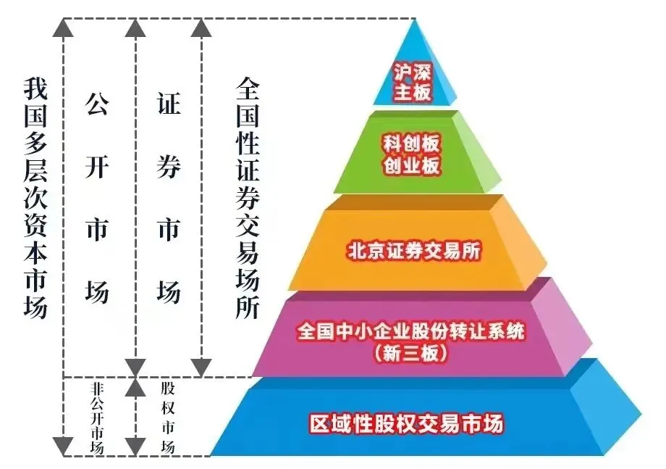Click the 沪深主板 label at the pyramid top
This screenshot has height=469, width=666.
point(413,81)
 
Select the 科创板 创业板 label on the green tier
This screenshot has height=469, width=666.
point(412,153)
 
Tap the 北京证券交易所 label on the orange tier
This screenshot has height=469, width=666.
point(415,251)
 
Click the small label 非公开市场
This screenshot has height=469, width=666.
point(97,418)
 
